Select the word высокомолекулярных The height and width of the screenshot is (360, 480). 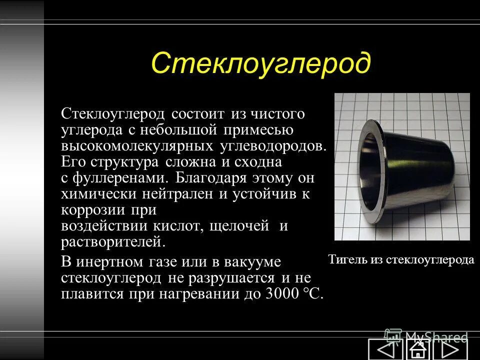pos(137,145)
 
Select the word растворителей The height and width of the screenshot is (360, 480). pos(112,242)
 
